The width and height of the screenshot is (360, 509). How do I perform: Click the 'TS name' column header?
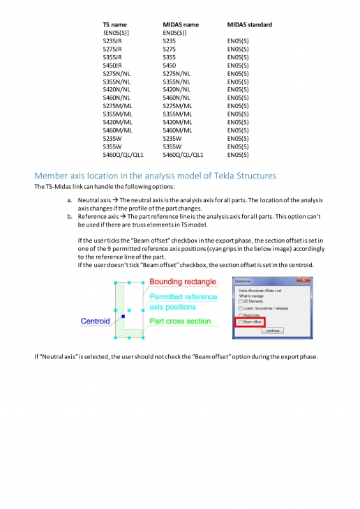tap(115, 24)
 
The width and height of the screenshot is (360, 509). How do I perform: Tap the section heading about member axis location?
tap(155, 175)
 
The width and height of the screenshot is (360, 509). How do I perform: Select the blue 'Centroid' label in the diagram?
tap(95, 321)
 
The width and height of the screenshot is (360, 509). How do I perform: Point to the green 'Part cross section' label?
tap(180, 321)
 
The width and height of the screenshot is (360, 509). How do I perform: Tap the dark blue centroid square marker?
tap(123, 316)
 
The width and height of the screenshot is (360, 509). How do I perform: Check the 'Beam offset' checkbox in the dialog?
tap(240, 322)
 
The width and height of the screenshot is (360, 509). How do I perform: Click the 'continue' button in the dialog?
tap(272, 331)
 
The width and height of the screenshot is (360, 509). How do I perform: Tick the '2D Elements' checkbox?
tap(240, 302)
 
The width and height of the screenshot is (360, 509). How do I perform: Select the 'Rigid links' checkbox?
tap(240, 315)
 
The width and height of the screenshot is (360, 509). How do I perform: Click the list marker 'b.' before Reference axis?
tap(70, 216)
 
